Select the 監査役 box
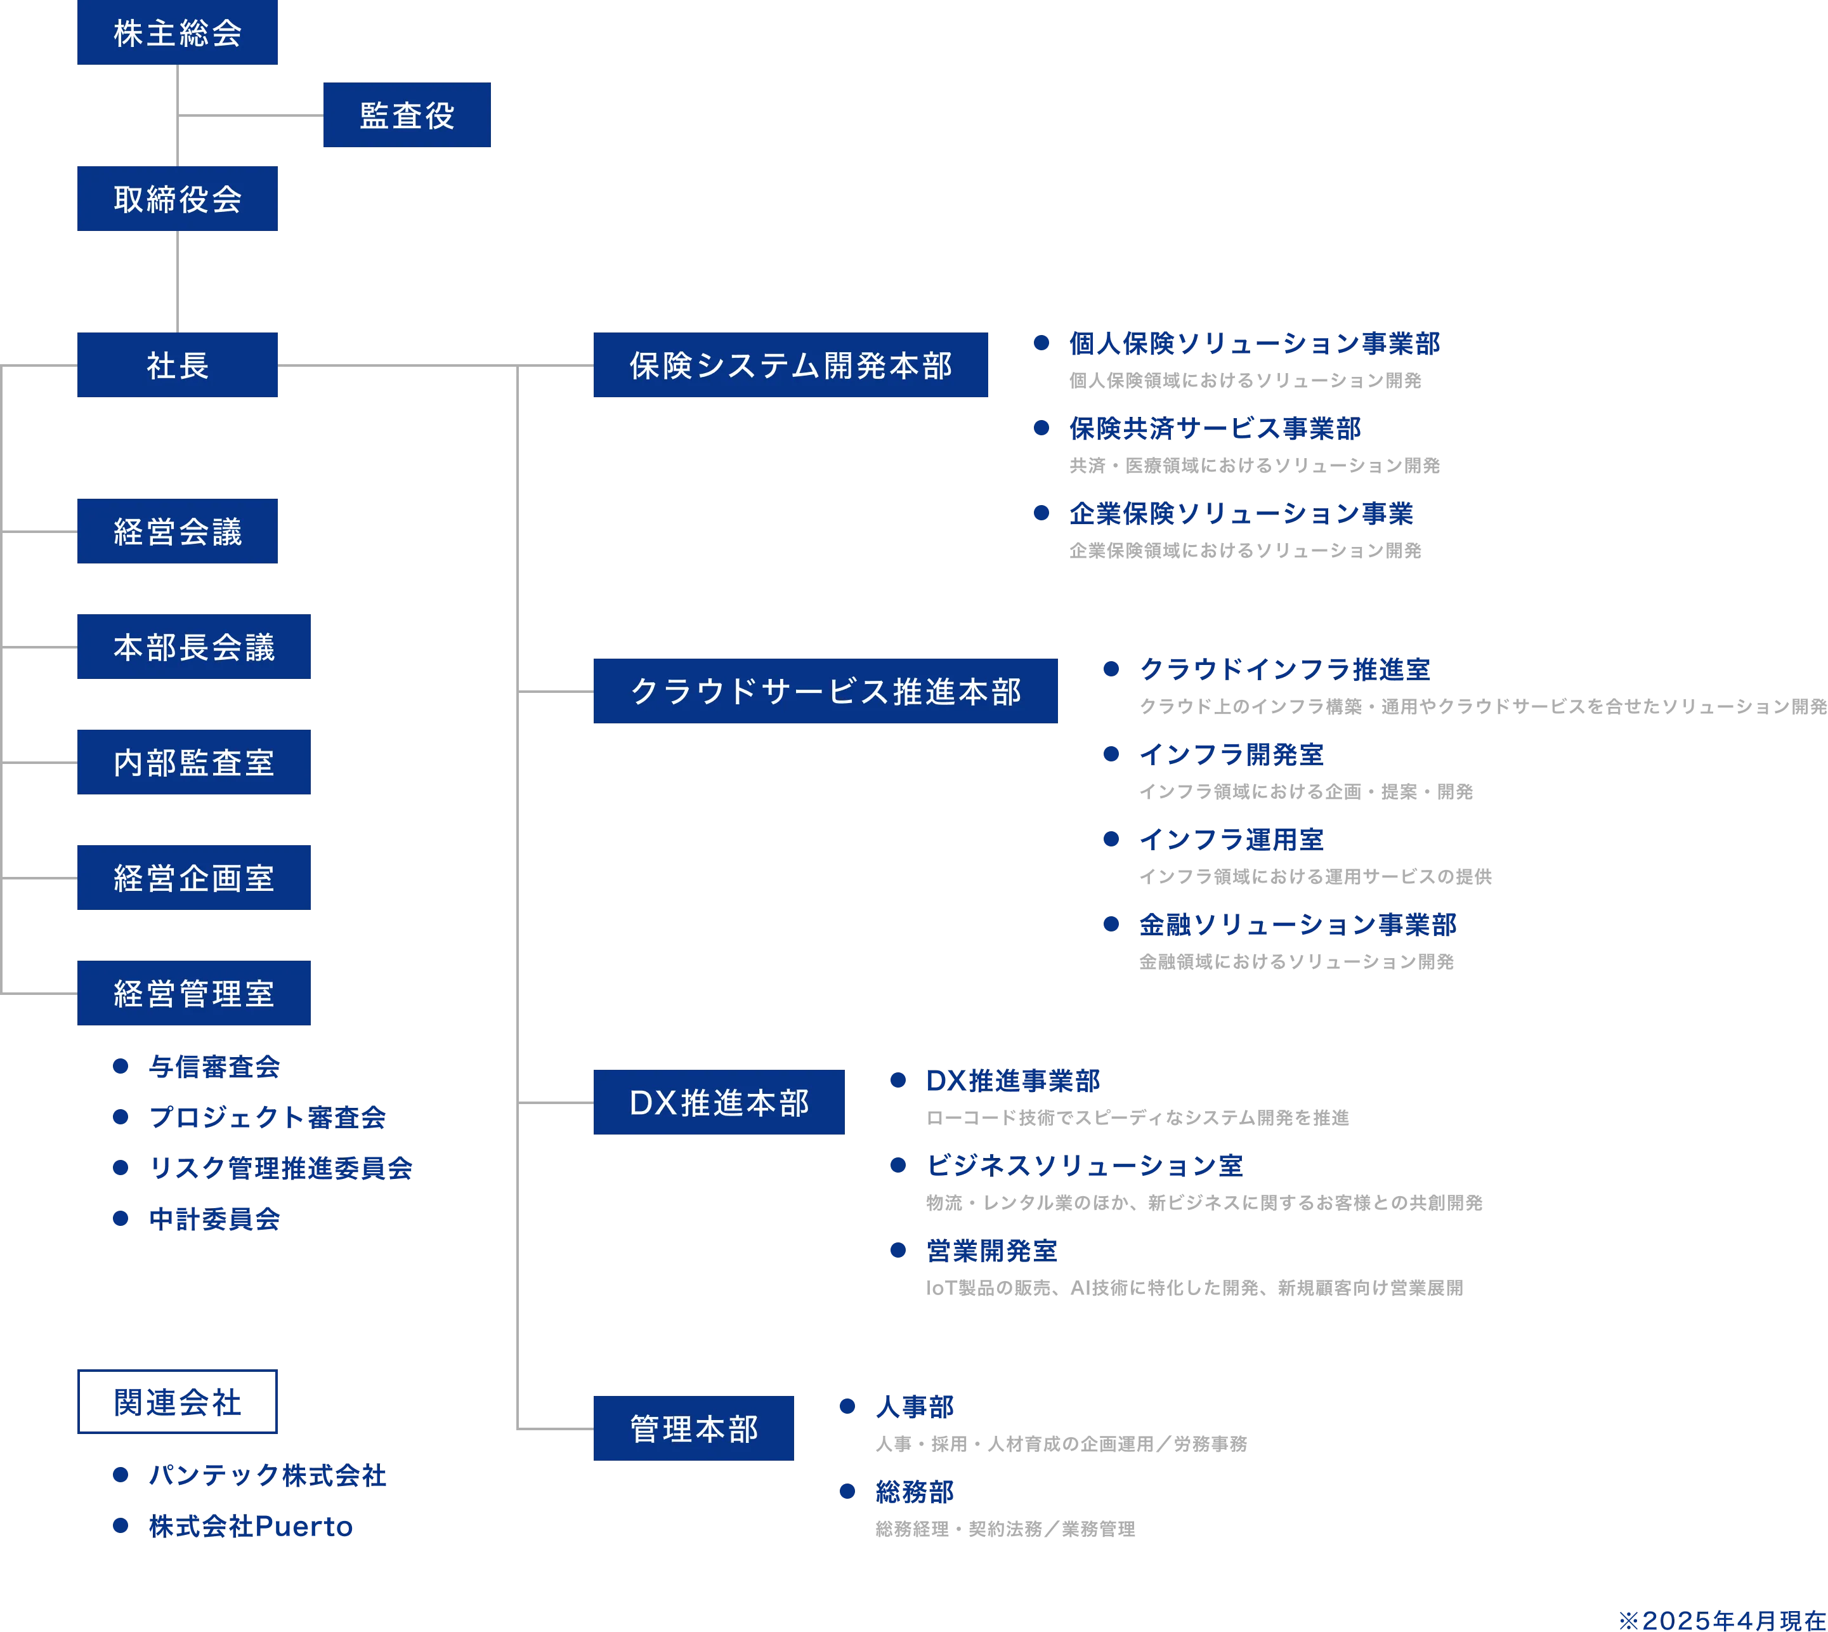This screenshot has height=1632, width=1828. coord(405,115)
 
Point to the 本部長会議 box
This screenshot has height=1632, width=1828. coord(195,647)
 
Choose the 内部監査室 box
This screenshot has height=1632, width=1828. coord(195,762)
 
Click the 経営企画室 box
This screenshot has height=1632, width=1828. coord(195,878)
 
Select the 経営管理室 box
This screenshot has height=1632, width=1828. coord(195,992)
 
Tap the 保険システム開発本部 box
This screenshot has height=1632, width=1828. coord(791,365)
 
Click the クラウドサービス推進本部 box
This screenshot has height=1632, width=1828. coord(826,690)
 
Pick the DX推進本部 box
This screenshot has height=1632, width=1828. coord(719,1102)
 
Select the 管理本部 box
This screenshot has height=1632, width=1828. coord(694,1428)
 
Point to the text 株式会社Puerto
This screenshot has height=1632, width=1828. coord(251,1525)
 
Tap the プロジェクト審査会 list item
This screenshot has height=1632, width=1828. coord(266,1117)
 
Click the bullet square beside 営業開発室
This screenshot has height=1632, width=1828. coord(898,1250)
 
